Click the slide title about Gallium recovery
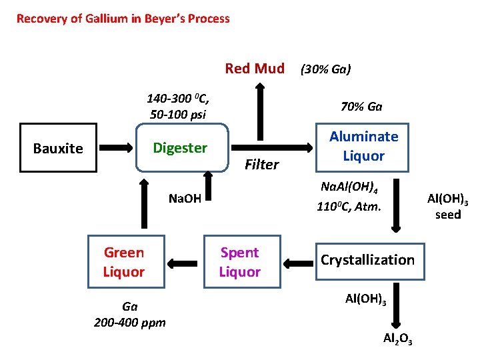tap(123, 19)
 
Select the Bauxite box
tap(58, 148)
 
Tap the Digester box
tap(180, 147)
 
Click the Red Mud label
tap(255, 68)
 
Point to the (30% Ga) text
tap(326, 69)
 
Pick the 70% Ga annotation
tap(361, 107)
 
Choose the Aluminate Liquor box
tap(364, 146)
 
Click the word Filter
tap(262, 165)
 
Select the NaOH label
tap(185, 198)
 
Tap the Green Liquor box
tap(123, 262)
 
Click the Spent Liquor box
tap(240, 262)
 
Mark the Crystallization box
tap(367, 260)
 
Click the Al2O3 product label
tap(397, 339)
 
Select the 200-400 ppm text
tap(130, 323)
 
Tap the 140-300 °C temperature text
tap(178, 99)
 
